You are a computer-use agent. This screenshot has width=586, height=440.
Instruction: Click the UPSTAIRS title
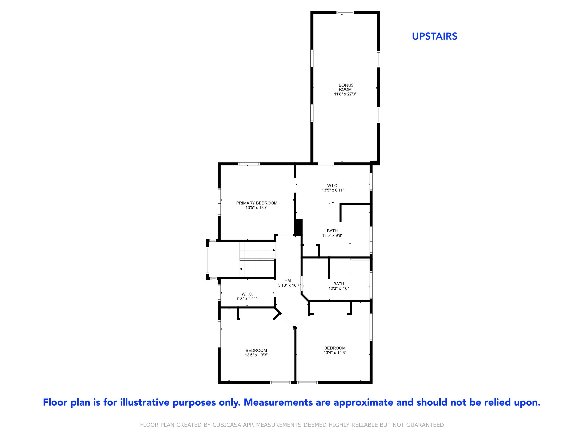[434, 36]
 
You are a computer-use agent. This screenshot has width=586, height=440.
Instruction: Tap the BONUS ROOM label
[346, 87]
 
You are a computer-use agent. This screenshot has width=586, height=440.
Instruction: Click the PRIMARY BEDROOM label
[256, 203]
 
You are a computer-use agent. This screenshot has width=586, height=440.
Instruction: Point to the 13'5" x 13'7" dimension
[256, 208]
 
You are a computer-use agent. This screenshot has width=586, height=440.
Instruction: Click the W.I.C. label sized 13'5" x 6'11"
[332, 186]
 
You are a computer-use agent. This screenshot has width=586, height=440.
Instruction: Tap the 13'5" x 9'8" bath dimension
[332, 235]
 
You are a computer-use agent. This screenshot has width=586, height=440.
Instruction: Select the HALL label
[289, 281]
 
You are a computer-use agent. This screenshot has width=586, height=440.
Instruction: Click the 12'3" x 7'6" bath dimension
[339, 288]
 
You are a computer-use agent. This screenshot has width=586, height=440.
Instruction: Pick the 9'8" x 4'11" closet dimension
[247, 299]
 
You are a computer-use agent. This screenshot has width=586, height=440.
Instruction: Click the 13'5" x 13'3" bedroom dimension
[256, 355]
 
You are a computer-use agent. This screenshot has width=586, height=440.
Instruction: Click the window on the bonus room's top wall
[345, 13]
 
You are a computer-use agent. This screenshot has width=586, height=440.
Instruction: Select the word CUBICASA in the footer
[227, 425]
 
